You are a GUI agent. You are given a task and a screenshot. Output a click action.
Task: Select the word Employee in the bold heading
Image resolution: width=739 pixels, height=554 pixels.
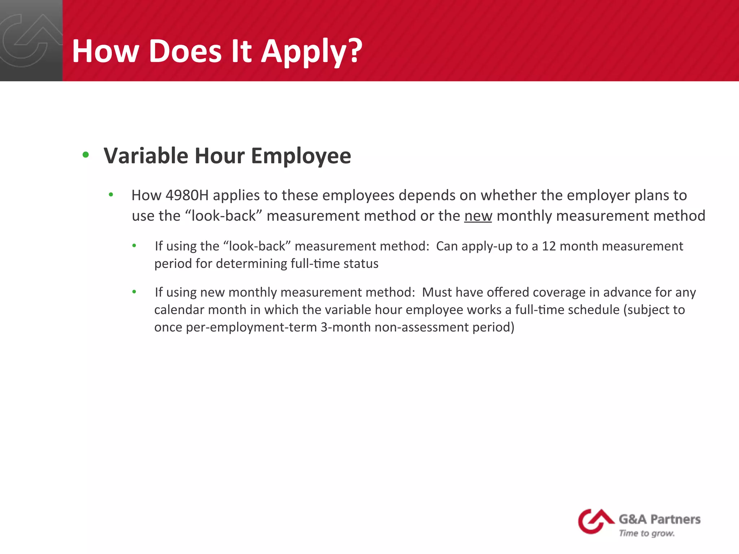(301, 157)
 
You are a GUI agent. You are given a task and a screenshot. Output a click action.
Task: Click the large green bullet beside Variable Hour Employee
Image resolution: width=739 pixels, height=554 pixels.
(86, 155)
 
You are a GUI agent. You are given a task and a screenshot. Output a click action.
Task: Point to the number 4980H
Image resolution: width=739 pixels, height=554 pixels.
(187, 195)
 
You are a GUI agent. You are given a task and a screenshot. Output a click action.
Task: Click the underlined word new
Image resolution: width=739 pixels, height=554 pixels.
(478, 216)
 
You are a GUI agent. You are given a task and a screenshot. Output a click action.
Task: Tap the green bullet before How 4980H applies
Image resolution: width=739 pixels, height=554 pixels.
(111, 195)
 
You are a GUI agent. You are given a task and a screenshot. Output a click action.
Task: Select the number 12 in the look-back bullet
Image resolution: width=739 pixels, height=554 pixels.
(549, 246)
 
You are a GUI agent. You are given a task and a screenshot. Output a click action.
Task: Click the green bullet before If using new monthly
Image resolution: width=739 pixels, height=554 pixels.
(134, 292)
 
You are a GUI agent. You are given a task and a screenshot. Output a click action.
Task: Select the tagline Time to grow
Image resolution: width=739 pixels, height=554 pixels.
(647, 533)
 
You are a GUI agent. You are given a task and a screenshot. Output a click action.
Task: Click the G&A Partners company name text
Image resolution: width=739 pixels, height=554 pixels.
(660, 519)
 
